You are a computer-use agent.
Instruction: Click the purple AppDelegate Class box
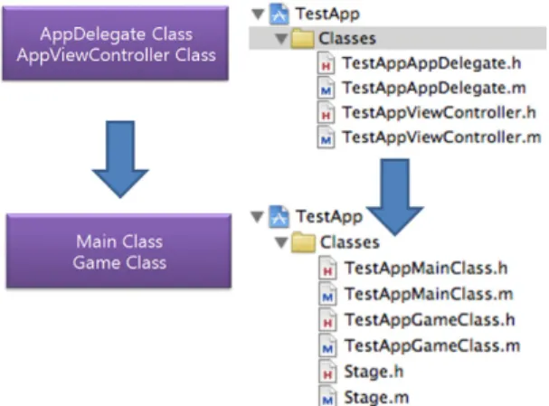tap(115, 43)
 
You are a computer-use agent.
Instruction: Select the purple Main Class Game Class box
tap(118, 251)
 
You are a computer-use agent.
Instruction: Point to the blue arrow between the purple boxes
tap(120, 159)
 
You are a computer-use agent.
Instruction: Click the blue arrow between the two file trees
tap(395, 197)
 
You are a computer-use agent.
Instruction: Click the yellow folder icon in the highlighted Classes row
tap(302, 39)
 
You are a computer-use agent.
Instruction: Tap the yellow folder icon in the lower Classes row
tap(303, 242)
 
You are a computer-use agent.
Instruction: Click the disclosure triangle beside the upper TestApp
tap(258, 14)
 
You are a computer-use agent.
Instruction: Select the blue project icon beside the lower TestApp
tap(279, 217)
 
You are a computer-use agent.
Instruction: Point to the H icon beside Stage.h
tap(327, 373)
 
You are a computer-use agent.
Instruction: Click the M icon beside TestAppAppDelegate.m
tap(326, 89)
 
